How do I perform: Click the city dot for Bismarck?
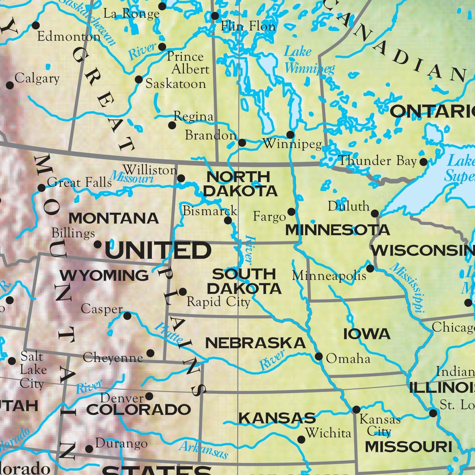coord(228,220)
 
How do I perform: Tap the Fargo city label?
coord(269,217)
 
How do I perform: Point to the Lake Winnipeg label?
coord(309,60)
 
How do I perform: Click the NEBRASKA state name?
coord(255,343)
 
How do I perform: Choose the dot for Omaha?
coord(319,357)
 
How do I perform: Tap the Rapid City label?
coord(218,302)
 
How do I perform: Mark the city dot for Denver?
coord(149,396)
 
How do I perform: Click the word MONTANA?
coord(114,218)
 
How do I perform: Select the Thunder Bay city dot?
coord(423,162)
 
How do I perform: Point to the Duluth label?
coord(348,206)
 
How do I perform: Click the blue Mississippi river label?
coord(407,288)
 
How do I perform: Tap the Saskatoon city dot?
coord(139,79)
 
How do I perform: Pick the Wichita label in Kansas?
coord(328,433)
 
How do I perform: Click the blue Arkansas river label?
coord(204,450)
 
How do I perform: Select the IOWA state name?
coord(367,334)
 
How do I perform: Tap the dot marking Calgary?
coord(10,85)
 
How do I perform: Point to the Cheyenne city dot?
coord(150,353)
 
